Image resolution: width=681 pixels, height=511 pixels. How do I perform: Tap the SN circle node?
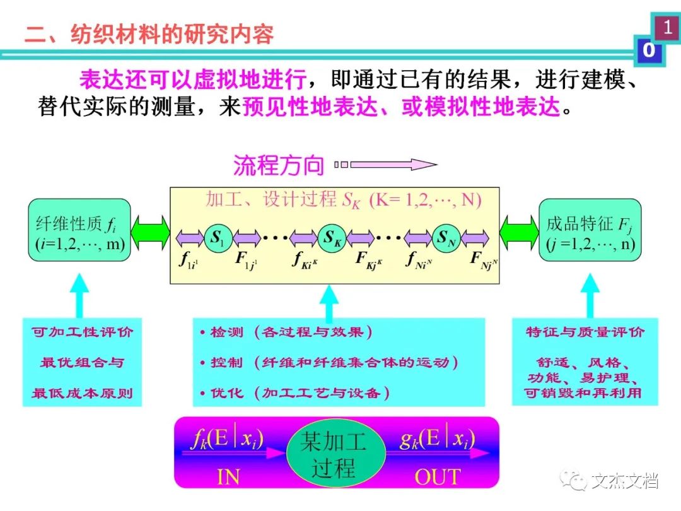445,238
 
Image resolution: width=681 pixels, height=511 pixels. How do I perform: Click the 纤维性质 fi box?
79,231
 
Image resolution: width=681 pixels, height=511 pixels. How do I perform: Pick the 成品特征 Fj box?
590,231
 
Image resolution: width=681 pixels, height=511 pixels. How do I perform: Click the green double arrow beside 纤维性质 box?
150,231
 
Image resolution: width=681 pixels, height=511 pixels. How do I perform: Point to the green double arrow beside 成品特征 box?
519,231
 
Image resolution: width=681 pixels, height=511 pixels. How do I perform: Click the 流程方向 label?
279,165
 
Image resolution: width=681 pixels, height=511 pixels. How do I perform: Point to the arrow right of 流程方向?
386,165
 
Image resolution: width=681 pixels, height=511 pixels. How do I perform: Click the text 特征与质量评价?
586,332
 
